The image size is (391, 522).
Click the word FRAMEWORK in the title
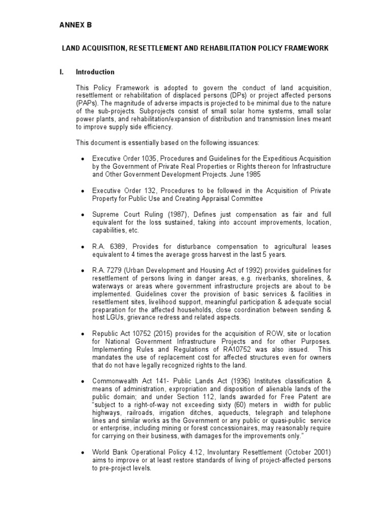pos(304,48)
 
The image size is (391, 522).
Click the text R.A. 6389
pos(108,247)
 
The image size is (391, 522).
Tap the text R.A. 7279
pos(108,271)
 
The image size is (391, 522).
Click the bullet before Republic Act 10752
pos(82,333)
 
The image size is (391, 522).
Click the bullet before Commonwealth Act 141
pos(82,381)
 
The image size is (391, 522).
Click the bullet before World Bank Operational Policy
pos(82,452)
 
